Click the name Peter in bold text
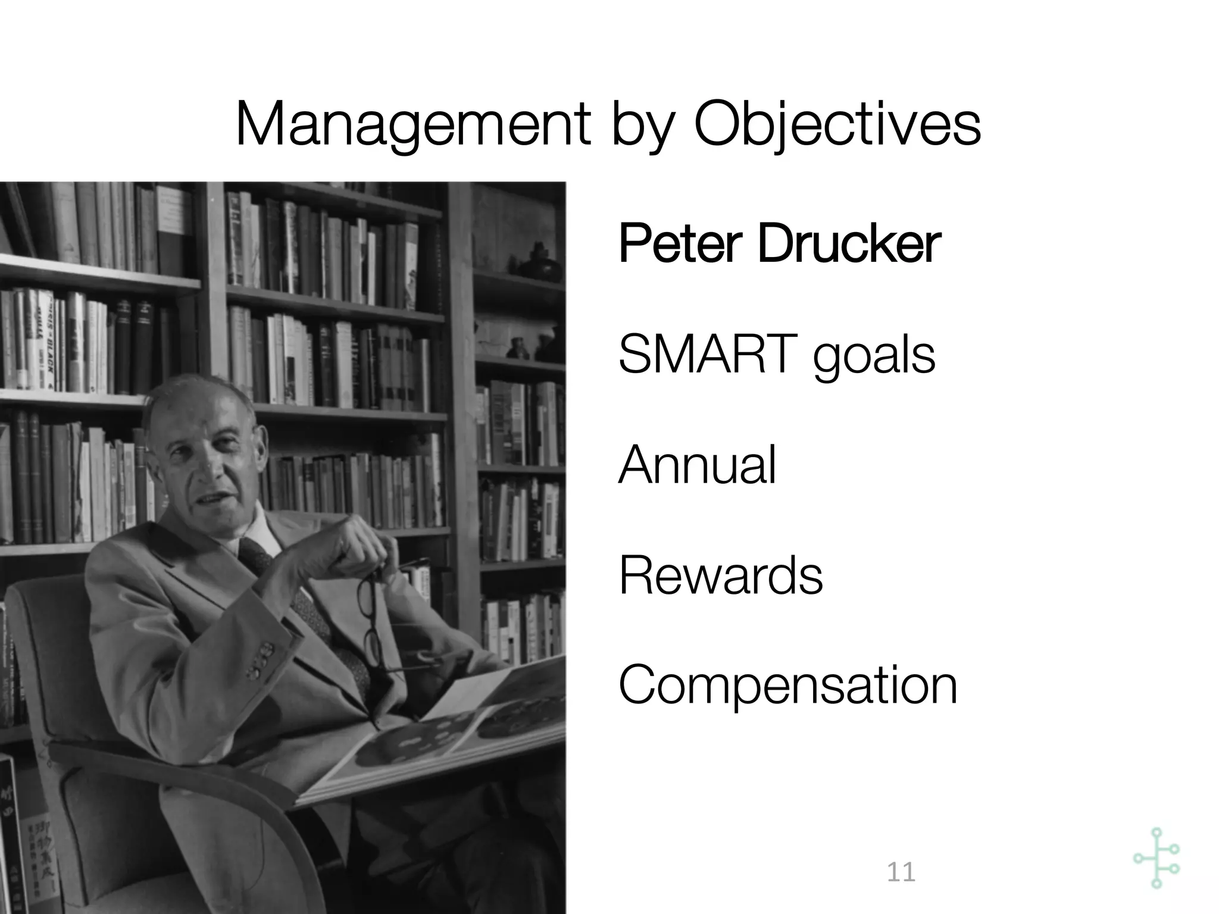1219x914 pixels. (x=680, y=244)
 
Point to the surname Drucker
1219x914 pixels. (x=849, y=244)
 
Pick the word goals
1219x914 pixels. (x=874, y=357)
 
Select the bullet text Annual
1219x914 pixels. (x=698, y=465)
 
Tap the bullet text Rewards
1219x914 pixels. (x=721, y=575)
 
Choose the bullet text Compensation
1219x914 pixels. (x=788, y=686)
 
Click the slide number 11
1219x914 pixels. (x=901, y=872)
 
